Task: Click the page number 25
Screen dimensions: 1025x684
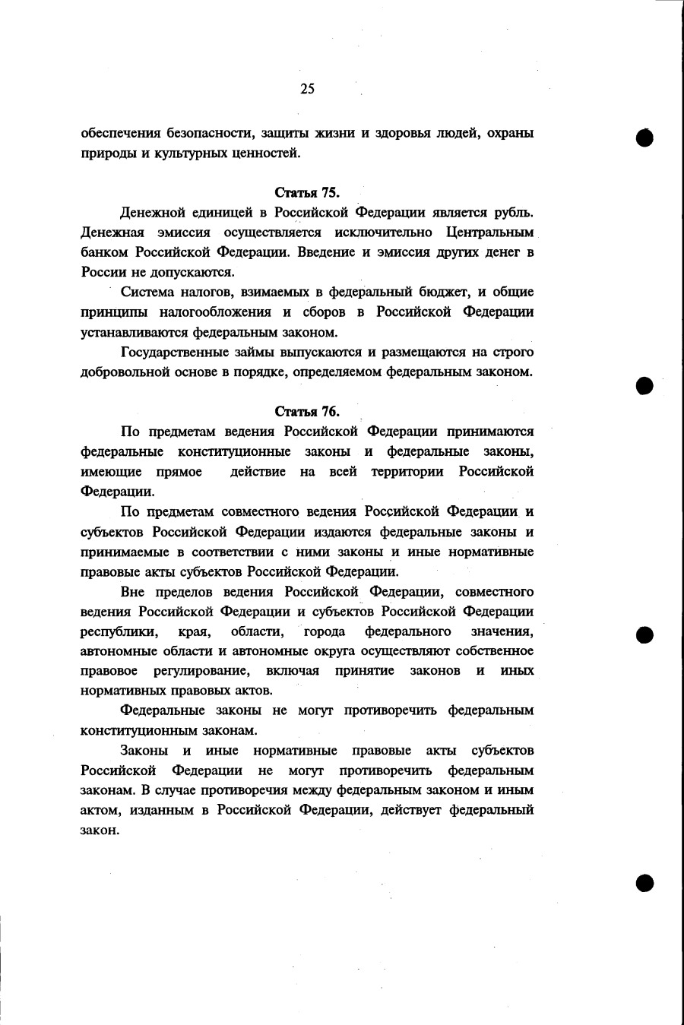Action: (307, 89)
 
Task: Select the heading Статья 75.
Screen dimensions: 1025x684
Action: (307, 192)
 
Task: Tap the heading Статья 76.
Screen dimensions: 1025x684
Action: (307, 412)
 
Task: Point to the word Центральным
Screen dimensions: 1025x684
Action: (489, 233)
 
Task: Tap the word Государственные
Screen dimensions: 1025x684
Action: (175, 353)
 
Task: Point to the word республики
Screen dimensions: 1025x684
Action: (119, 632)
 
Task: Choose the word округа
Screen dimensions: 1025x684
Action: (331, 651)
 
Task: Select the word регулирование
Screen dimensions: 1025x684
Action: (201, 671)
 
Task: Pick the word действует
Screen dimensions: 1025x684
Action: (408, 810)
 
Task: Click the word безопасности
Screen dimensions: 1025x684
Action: (211, 134)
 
